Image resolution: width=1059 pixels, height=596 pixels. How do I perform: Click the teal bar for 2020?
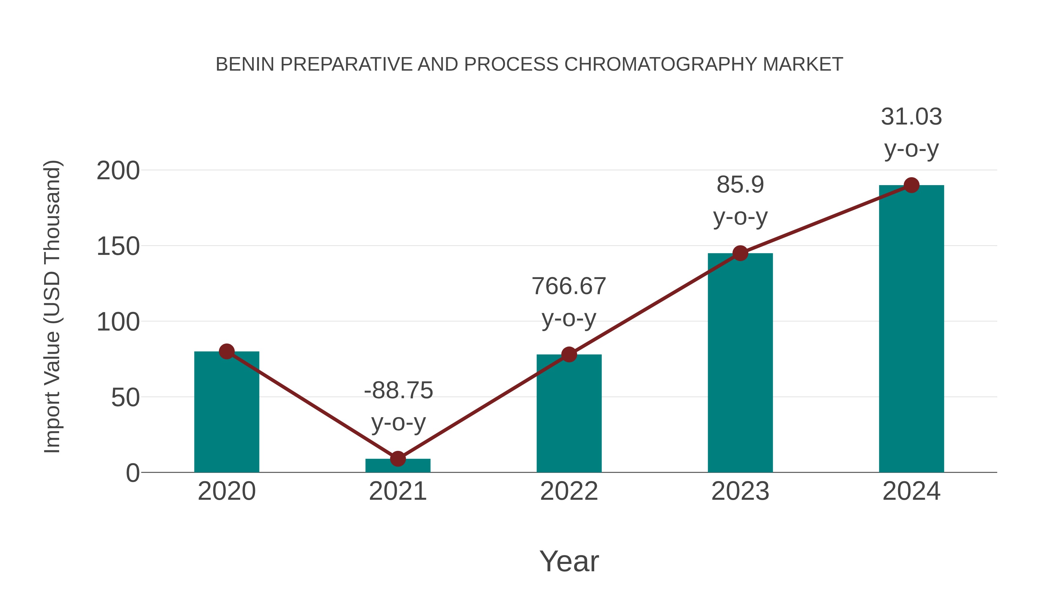coord(227,411)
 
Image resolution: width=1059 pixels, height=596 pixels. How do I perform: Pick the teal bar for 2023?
coord(740,362)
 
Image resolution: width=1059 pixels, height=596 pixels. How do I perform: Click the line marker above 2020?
coord(227,351)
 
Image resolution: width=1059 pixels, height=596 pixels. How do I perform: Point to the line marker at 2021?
coord(397,458)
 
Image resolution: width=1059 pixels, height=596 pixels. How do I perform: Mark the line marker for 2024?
coord(911,185)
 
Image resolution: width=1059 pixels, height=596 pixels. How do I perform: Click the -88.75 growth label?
coord(398,390)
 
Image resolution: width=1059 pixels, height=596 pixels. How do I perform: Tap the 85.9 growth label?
coord(740,184)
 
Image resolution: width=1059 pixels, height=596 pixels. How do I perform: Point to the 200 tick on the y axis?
coord(118,171)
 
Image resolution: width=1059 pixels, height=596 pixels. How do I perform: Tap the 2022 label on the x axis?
coord(569,491)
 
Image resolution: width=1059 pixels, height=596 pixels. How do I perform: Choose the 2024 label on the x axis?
coord(911,491)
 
